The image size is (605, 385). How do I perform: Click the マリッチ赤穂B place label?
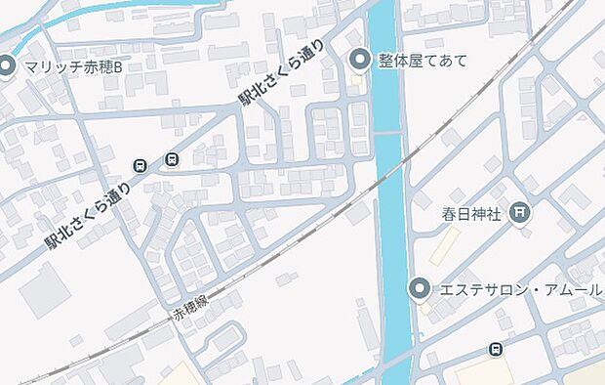74,66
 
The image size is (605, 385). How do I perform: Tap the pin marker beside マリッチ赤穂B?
7,66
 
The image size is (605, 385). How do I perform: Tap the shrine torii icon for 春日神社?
520,212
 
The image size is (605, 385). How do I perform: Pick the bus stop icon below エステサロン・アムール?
496,350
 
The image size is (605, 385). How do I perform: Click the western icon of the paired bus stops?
141,165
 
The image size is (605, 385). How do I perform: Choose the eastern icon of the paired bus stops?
173,159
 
